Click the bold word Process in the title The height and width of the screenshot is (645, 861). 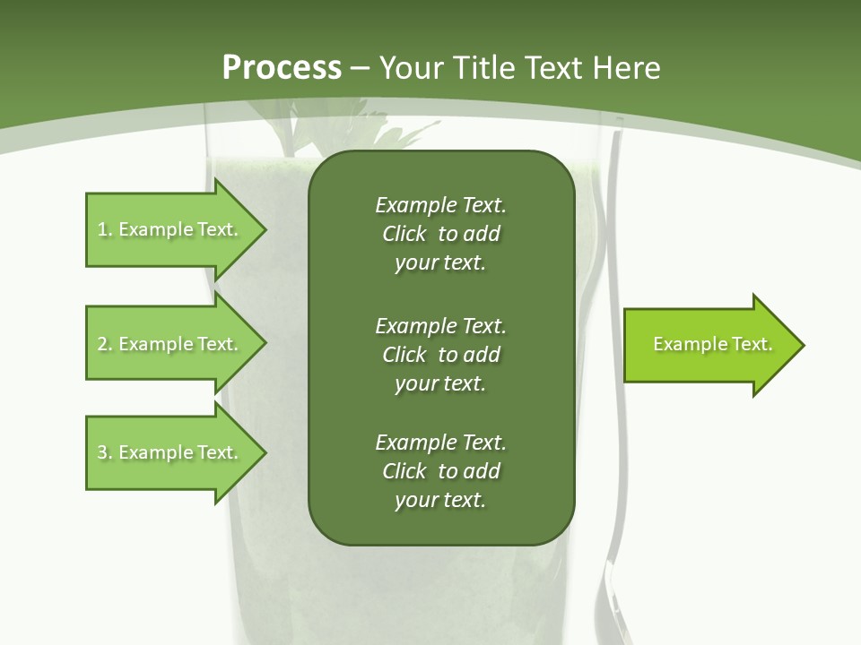(282, 67)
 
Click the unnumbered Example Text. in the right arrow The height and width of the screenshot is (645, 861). (712, 344)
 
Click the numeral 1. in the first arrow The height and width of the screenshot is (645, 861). (104, 229)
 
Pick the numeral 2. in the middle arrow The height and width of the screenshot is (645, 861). (104, 344)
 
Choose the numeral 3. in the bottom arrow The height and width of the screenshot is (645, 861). (104, 452)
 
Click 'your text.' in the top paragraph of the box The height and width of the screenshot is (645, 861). (439, 263)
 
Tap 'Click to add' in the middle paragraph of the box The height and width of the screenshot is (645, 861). (440, 355)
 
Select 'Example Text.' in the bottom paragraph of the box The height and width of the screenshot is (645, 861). (440, 443)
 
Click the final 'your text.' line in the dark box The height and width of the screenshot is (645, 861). (439, 501)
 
